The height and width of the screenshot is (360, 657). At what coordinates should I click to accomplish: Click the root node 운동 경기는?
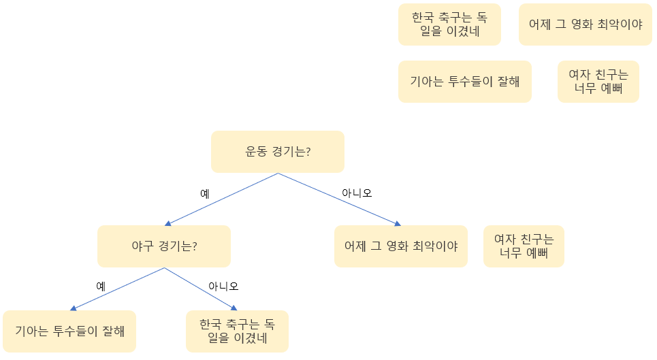[x=277, y=151]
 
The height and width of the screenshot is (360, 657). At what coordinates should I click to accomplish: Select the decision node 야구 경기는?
[x=163, y=246]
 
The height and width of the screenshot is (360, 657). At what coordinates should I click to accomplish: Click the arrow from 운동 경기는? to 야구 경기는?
[x=221, y=199]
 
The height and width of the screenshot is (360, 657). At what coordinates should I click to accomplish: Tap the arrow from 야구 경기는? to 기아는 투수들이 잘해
[x=117, y=289]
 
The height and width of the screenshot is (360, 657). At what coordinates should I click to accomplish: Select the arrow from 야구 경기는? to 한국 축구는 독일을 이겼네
[x=201, y=289]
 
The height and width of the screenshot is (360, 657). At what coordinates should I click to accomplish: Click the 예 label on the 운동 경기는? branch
[x=204, y=193]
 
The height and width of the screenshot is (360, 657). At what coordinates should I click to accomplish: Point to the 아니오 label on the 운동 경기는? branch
[x=357, y=193]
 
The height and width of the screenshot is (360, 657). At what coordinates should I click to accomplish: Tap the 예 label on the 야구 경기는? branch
[x=100, y=286]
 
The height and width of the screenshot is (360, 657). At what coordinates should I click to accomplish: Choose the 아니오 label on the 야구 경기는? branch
[x=223, y=286]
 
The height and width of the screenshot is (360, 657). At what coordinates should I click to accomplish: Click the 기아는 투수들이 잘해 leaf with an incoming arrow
[x=69, y=331]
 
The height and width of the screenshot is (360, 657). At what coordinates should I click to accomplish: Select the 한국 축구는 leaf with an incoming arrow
[x=237, y=331]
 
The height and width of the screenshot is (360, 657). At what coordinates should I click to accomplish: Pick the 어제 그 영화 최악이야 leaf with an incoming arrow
[x=401, y=246]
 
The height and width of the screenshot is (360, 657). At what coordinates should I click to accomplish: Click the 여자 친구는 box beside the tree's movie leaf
[x=524, y=246]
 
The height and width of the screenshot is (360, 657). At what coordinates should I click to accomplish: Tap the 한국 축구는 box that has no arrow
[x=449, y=24]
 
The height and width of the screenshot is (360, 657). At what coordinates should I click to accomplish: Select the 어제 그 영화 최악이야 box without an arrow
[x=586, y=24]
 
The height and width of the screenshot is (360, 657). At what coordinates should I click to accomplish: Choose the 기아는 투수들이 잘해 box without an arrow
[x=464, y=82]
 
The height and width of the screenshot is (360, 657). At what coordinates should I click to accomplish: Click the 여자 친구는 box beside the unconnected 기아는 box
[x=598, y=82]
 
